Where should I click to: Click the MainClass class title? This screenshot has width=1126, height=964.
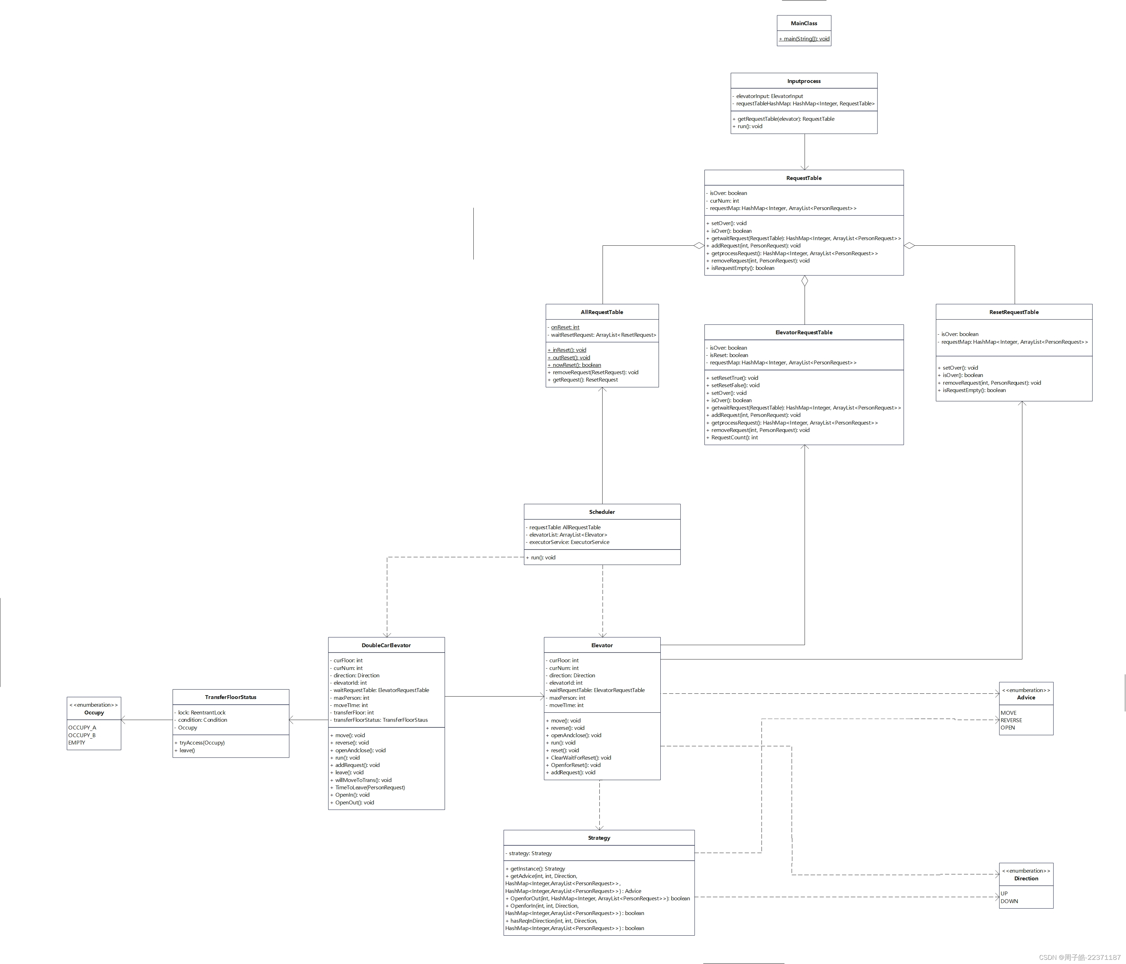804,23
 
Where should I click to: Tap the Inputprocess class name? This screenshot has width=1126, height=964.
804,81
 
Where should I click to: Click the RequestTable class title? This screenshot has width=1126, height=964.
804,178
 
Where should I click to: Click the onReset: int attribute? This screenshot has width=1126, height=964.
565,328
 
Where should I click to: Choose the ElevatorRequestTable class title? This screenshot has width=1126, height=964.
804,333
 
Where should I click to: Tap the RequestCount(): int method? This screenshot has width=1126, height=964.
734,438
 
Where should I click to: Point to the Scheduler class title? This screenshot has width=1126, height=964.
602,512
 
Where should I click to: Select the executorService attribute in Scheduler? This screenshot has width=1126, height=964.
569,542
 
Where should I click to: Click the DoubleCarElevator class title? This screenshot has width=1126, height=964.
386,645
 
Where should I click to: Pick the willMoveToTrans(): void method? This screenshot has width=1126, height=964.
363,780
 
